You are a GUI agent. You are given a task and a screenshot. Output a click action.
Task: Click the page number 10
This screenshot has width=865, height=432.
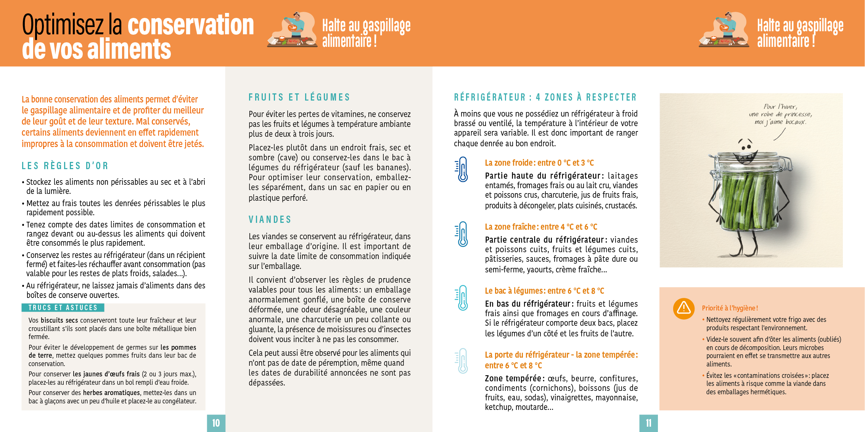click(216, 423)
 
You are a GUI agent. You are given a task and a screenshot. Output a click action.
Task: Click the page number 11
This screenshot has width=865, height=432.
click(648, 423)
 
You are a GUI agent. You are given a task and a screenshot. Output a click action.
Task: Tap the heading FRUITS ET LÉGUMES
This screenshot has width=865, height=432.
click(299, 98)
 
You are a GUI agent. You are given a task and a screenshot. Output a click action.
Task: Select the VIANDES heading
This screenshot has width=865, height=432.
click(270, 220)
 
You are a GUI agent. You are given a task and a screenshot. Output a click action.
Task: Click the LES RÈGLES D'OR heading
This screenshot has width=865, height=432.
click(65, 166)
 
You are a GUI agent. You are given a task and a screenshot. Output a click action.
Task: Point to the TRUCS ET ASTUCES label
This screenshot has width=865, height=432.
click(63, 308)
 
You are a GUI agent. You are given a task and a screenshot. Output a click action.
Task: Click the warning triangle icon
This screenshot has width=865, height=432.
click(684, 308)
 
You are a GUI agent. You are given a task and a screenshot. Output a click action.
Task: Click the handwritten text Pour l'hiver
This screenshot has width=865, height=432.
click(780, 107)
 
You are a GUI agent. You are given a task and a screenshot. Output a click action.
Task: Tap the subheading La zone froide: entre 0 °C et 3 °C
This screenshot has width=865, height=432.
click(539, 163)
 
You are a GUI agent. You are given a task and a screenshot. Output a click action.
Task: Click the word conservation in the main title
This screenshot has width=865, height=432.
click(191, 25)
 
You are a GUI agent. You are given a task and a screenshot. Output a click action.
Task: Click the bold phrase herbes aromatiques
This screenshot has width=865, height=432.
click(111, 393)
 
